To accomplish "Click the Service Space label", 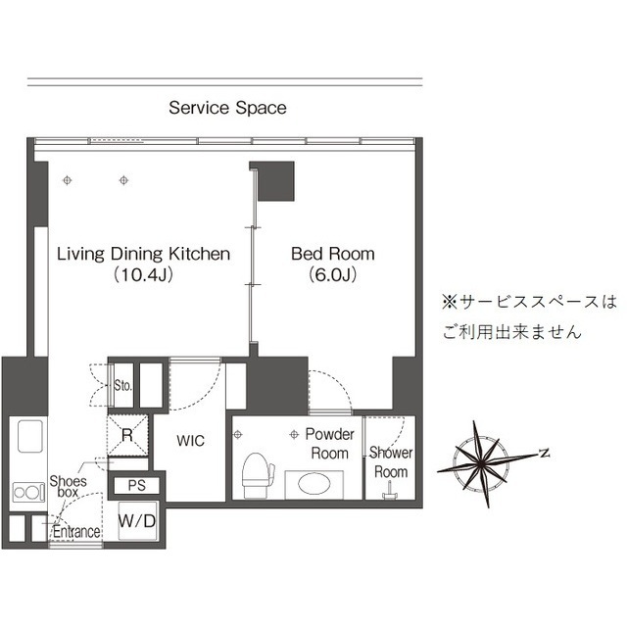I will pos(227,108).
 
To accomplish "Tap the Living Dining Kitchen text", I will pos(143,254).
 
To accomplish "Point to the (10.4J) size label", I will pos(143,275).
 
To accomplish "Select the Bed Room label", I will pos(332,254).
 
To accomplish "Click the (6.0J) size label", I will pos(332,275).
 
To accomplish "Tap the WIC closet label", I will pos(190,442).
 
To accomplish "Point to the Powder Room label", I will pos(329,443).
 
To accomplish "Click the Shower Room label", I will pos(389,462).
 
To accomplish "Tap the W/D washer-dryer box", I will pos(136,520).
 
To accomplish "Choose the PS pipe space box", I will pos(136,485).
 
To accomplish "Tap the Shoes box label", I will pos(68,487).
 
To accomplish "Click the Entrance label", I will pos(75,533).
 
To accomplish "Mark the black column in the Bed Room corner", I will pos(274,180).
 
